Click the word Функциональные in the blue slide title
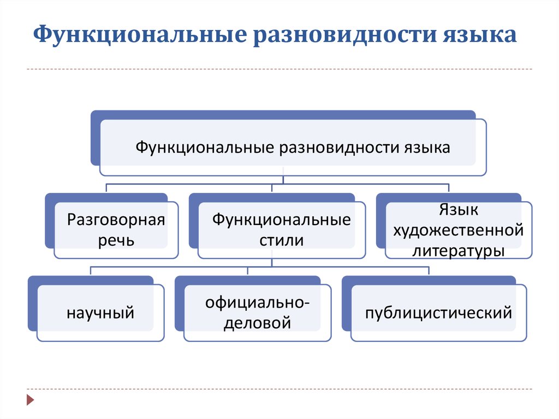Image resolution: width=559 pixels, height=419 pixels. click(140, 34)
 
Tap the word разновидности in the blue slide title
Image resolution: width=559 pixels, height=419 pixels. click(345, 34)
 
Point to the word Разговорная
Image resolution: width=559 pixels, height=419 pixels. click(116, 220)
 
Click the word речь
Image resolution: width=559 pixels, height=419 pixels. click(116, 240)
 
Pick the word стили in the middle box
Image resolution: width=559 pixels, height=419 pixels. click(281, 240)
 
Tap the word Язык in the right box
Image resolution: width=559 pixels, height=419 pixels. click(458, 210)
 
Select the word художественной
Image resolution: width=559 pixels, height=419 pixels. click(458, 231)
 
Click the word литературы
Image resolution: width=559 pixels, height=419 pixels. click(458, 251)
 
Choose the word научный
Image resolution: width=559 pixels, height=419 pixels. click(100, 313)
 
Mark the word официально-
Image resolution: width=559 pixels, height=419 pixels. click(257, 303)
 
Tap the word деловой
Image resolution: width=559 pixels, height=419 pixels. click(257, 323)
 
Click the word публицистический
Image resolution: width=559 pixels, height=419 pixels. click(438, 313)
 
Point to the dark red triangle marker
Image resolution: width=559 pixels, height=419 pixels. click(31, 400)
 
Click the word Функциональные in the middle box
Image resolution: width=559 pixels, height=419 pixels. click(281, 220)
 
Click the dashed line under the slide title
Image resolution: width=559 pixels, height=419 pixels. click(279, 69)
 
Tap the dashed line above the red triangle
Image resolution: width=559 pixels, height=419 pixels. click(279, 389)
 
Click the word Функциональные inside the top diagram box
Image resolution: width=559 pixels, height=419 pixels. click(205, 147)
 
